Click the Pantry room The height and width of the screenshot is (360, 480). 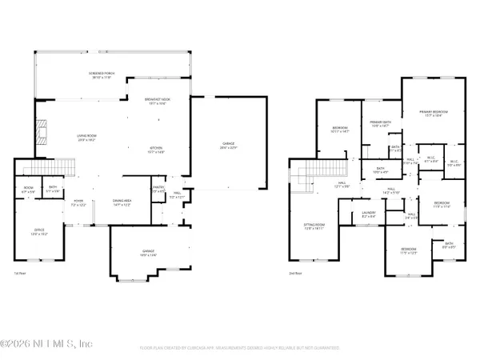pyautogui.click(x=158, y=190)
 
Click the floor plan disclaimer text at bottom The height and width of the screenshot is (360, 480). pyautogui.click(x=240, y=348)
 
